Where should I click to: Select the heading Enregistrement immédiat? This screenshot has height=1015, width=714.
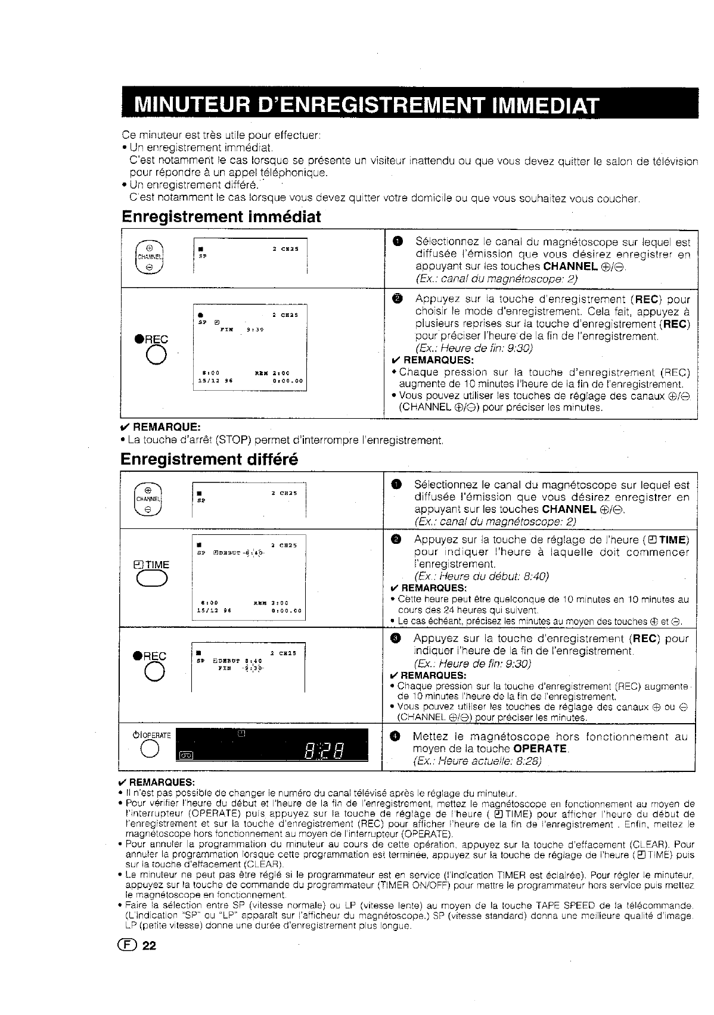point(221,217)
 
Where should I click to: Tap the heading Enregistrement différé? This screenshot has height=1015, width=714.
point(209,459)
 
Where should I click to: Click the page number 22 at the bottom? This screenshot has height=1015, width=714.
point(148,945)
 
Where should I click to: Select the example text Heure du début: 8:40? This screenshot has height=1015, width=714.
point(481,576)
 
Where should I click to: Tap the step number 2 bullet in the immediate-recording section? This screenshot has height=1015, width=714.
point(399,299)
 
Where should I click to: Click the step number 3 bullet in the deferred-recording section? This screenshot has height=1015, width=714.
point(398,639)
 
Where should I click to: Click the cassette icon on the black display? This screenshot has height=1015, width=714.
point(187,755)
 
